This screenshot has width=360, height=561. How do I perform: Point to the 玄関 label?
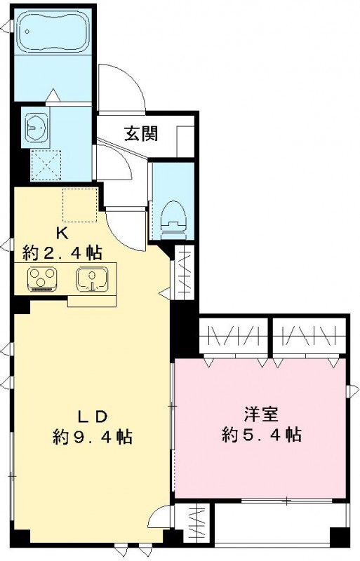pyautogui.click(x=140, y=133)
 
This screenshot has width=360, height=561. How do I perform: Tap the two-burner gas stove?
pyautogui.click(x=41, y=278)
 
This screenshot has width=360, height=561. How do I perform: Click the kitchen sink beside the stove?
pyautogui.click(x=91, y=278)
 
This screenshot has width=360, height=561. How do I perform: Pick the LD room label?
pyautogui.click(x=91, y=415)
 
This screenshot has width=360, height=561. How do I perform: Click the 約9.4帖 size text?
pyautogui.click(x=92, y=438)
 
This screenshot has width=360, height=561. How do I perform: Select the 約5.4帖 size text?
pyautogui.click(x=261, y=435)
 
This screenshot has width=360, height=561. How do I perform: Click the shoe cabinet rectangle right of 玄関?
pyautogui.click(x=185, y=140)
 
